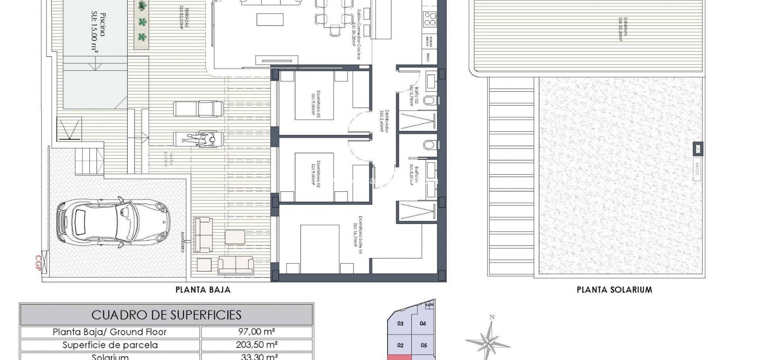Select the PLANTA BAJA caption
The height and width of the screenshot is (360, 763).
203,290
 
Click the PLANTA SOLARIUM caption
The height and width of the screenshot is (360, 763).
614,290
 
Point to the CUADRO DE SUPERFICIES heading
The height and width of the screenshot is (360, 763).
166,315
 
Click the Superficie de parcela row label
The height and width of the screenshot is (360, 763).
110,345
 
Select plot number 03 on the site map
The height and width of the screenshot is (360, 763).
400,324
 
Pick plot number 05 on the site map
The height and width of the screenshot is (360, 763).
423,345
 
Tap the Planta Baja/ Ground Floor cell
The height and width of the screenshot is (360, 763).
110,332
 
